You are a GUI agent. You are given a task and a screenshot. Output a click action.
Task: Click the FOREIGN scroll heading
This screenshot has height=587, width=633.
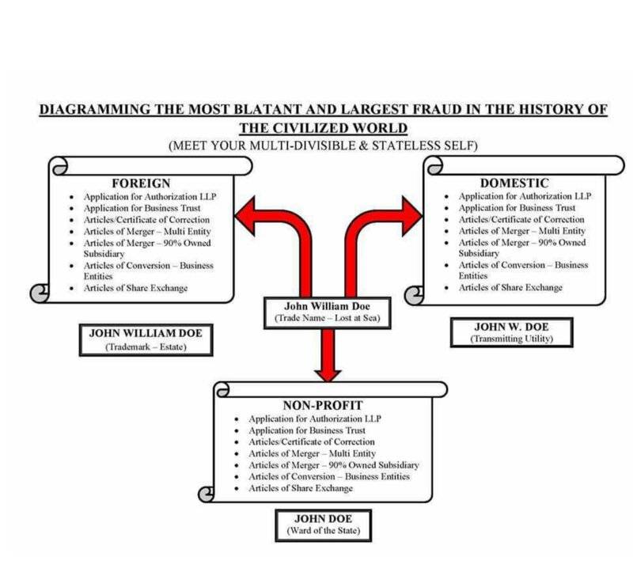click(141, 184)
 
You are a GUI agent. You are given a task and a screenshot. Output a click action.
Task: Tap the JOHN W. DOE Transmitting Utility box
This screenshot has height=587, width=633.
click(512, 332)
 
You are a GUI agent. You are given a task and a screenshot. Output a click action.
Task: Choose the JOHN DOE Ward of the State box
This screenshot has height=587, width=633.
click(322, 525)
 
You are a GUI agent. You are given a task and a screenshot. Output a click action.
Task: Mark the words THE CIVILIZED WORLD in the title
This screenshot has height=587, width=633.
click(324, 128)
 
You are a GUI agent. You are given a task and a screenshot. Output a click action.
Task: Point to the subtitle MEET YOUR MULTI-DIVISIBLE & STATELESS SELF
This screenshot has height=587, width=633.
click(324, 146)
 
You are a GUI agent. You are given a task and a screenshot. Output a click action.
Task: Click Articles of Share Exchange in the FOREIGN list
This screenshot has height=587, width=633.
click(136, 288)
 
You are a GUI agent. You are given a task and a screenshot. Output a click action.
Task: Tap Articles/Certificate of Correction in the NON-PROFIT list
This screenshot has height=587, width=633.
click(312, 441)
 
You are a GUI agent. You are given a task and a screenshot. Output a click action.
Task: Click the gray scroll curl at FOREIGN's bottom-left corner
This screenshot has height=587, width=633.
click(39, 293)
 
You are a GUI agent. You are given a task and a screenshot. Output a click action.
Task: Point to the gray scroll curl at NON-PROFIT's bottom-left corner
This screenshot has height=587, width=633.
click(207, 493)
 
